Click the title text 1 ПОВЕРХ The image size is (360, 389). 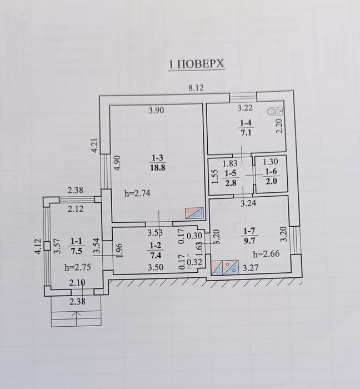[x=197, y=64]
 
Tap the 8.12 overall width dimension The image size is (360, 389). [x=196, y=87]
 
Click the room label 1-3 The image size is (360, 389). [x=156, y=158]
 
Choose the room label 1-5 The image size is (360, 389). [x=230, y=173]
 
